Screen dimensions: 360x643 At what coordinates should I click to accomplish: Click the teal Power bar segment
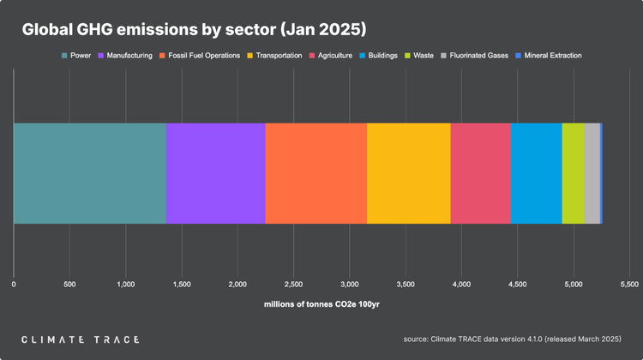tap(89, 173)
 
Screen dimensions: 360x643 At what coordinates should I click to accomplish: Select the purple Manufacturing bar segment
tap(215, 173)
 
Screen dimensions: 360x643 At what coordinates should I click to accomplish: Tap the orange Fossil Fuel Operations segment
tap(315, 173)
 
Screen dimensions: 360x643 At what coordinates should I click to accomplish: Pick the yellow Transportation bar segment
tap(408, 173)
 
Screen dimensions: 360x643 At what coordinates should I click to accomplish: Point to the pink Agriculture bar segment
tap(480, 173)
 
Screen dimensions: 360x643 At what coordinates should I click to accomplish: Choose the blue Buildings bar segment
tap(536, 173)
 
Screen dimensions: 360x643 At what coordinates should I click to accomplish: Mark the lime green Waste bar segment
tap(573, 173)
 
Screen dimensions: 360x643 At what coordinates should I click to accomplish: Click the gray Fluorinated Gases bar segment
tap(592, 173)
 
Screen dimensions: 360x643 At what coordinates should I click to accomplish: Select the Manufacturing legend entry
tap(127, 56)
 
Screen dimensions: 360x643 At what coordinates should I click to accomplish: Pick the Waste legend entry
tap(418, 56)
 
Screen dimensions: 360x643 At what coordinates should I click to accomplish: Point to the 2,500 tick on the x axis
tap(293, 283)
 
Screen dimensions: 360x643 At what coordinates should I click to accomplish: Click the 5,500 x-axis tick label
tap(629, 283)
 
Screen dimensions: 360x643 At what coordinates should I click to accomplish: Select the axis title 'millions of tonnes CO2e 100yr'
tap(321, 304)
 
